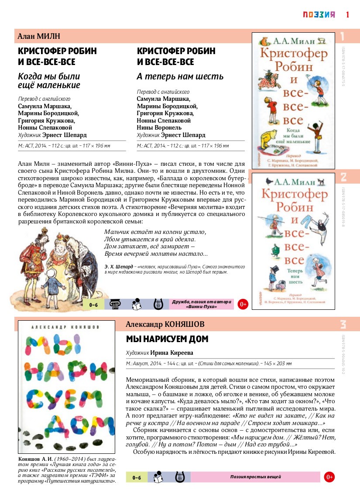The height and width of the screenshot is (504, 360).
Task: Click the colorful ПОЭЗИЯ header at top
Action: pos(319,14)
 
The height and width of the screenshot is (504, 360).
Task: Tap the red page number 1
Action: pos(348,14)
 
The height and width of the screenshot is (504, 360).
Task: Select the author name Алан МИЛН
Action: pos(38,36)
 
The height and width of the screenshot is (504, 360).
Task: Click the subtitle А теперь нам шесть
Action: pos(180,77)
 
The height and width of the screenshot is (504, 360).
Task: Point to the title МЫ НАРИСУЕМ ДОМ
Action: pos(167,339)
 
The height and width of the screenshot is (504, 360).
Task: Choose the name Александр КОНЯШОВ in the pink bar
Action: pos(165,324)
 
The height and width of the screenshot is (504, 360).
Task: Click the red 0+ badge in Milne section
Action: pos(243,304)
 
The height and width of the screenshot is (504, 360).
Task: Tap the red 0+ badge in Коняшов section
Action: pos(329,477)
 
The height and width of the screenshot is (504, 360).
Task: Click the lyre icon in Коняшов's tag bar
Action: pos(178,477)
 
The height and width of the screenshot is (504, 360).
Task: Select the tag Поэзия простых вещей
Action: pos(255,477)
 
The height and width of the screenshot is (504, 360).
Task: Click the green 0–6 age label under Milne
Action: pos(93,305)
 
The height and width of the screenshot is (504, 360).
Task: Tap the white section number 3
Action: pos(343,325)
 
